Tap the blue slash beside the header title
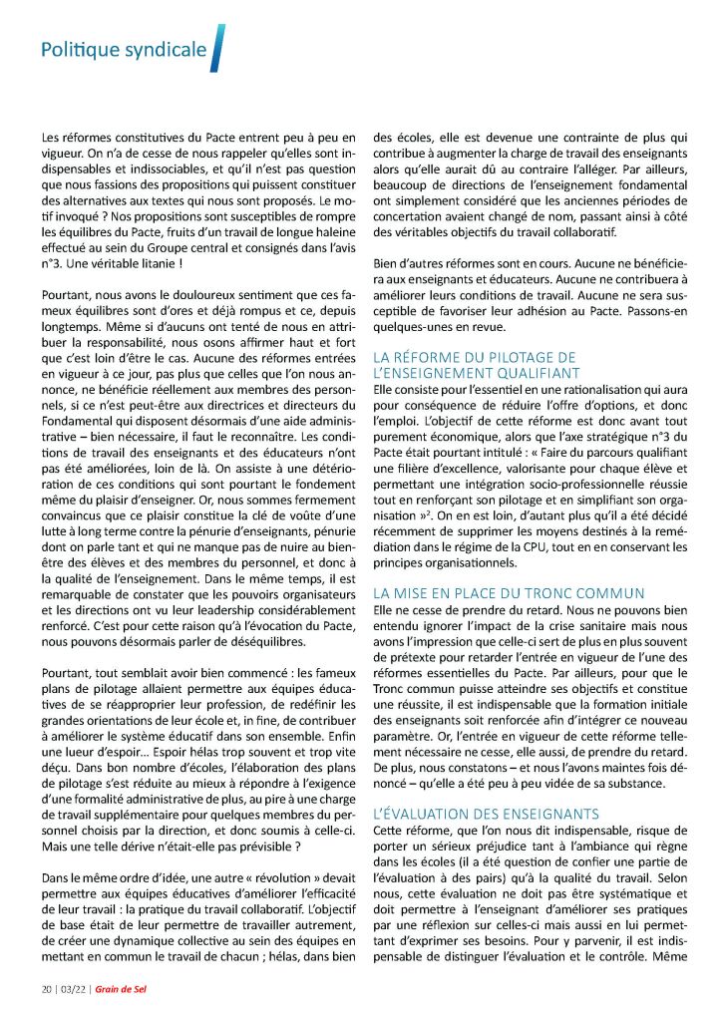218,48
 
